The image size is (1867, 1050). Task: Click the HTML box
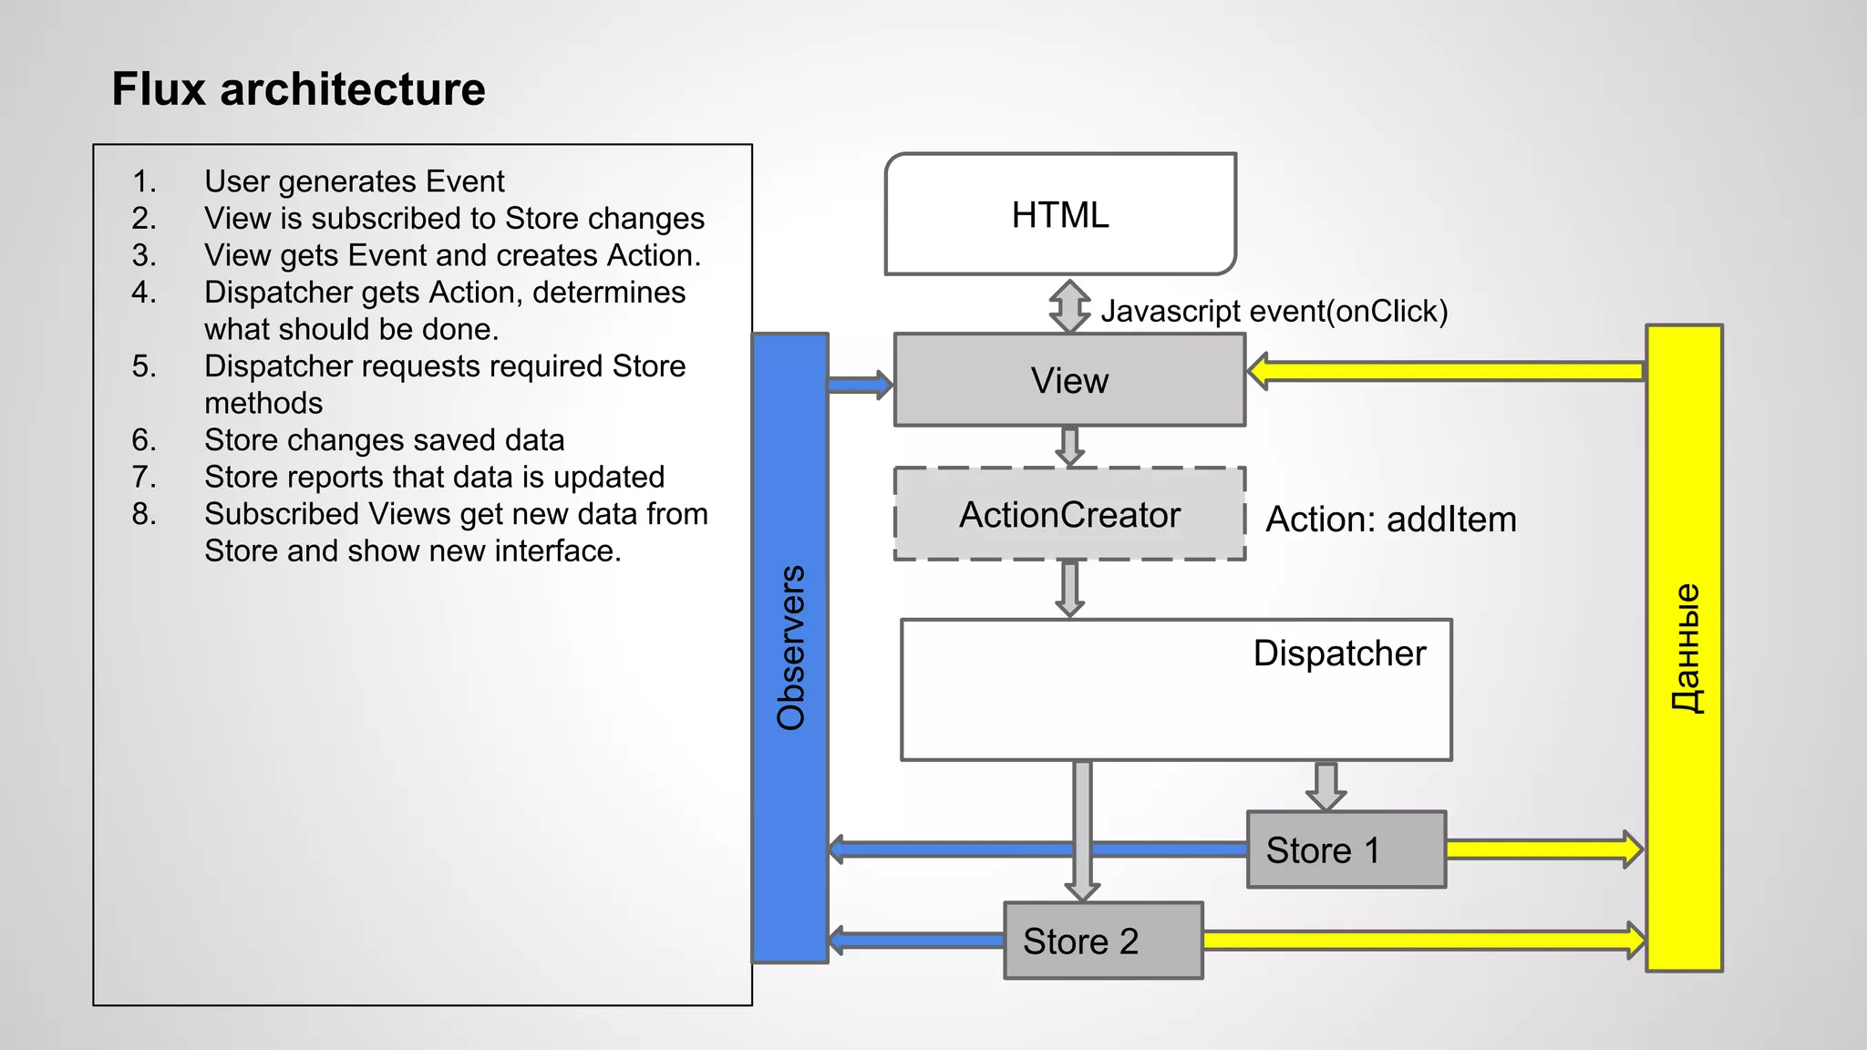coord(1060,215)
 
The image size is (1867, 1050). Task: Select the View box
coord(1069,380)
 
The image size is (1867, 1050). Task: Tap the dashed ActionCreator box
coord(1069,515)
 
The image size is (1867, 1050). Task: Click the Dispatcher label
coord(1338,654)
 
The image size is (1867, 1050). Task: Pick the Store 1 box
coord(1346,849)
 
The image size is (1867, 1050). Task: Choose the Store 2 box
coord(1103,941)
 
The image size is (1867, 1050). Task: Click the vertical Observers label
coord(790,648)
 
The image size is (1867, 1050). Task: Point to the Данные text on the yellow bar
coord(1685,648)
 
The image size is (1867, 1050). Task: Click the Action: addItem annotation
coord(1391,520)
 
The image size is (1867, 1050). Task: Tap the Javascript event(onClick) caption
coord(1274,311)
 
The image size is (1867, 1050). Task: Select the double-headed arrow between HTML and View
coord(1069,305)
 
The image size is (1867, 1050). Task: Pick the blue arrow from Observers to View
coord(861,385)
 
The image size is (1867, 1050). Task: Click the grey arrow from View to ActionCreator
coord(1069,446)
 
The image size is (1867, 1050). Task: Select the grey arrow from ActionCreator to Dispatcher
coord(1069,589)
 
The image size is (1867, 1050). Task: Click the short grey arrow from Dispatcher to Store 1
coord(1325,786)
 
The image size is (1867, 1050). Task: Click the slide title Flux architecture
coord(298,89)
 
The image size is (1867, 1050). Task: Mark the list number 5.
coord(143,366)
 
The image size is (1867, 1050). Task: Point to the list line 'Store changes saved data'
coord(384,440)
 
